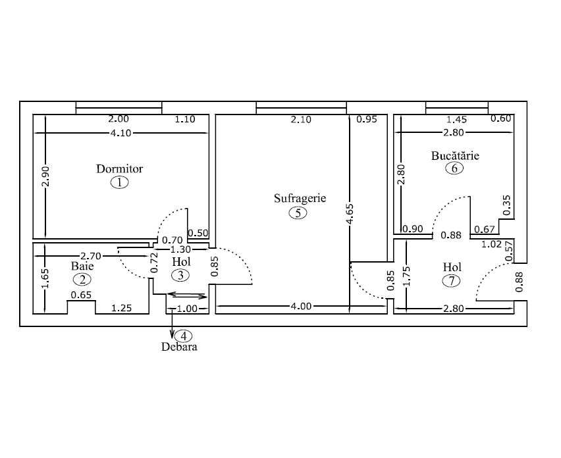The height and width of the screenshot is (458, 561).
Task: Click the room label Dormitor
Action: coord(119,168)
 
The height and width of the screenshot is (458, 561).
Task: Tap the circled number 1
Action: coord(119,182)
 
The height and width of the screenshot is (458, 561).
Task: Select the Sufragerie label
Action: coord(300,198)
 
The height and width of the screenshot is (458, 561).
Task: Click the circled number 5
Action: coord(298,213)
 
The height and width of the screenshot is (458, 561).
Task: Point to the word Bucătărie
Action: coord(455,156)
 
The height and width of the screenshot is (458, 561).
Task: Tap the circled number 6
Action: coord(454,168)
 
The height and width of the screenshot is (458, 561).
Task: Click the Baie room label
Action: coord(82,267)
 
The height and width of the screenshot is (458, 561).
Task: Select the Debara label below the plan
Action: coord(179,346)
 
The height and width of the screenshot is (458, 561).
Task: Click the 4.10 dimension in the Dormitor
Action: coord(122,132)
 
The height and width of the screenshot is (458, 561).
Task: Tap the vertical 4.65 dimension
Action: coord(350,215)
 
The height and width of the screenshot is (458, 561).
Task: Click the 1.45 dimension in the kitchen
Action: coord(457,120)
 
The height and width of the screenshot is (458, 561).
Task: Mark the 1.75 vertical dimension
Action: coord(406,272)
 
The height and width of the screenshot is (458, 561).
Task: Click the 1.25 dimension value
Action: coord(122,307)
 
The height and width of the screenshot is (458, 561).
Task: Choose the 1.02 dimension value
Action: coord(491,243)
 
